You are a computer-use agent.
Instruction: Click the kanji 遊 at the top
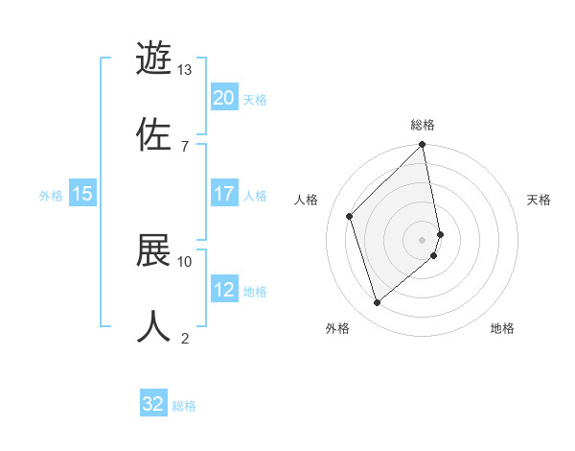pos(154,59)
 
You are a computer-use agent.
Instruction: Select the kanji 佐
pos(154,133)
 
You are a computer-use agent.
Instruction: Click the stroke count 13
pos(184,70)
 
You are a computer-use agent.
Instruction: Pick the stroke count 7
pos(184,146)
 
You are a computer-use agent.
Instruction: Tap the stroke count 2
pos(184,338)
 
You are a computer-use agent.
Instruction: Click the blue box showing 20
pos(224,98)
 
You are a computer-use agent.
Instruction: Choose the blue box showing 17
pos(224,194)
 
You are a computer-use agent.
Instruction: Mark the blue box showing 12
pos(224,290)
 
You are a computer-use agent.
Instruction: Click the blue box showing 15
pos(82,194)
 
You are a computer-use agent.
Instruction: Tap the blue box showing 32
pos(153,404)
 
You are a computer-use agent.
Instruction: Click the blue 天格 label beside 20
pos(255,99)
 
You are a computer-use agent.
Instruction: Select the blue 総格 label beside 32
pos(184,405)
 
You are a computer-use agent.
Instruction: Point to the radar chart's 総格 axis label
pos(423,125)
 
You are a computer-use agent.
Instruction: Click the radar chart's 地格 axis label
pos(502,328)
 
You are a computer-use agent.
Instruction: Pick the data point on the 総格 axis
pos(423,146)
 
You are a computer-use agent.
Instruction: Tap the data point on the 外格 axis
pos(377,303)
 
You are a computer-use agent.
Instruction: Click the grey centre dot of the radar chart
pos(423,239)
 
